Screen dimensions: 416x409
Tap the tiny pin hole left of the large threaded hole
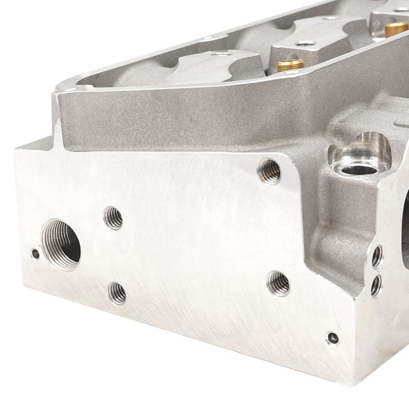35,254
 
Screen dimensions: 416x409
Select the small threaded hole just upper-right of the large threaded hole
113,218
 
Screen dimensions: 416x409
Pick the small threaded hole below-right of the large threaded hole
117,293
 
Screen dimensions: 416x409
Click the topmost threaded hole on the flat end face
270,170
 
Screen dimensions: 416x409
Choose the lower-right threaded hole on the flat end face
279,283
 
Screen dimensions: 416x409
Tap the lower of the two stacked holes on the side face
375,284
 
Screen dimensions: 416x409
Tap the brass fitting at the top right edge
397,28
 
